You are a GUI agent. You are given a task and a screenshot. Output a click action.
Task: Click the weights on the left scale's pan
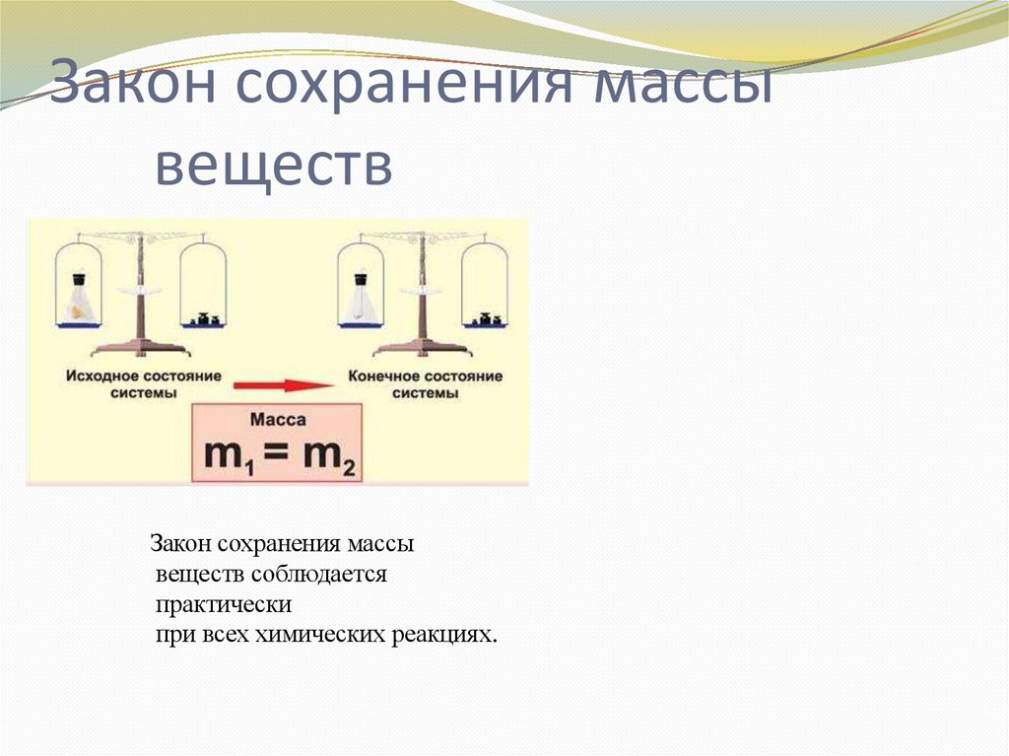(205, 318)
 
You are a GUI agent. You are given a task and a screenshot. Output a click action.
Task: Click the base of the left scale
(140, 348)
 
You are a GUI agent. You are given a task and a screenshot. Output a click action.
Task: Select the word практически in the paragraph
(223, 603)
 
